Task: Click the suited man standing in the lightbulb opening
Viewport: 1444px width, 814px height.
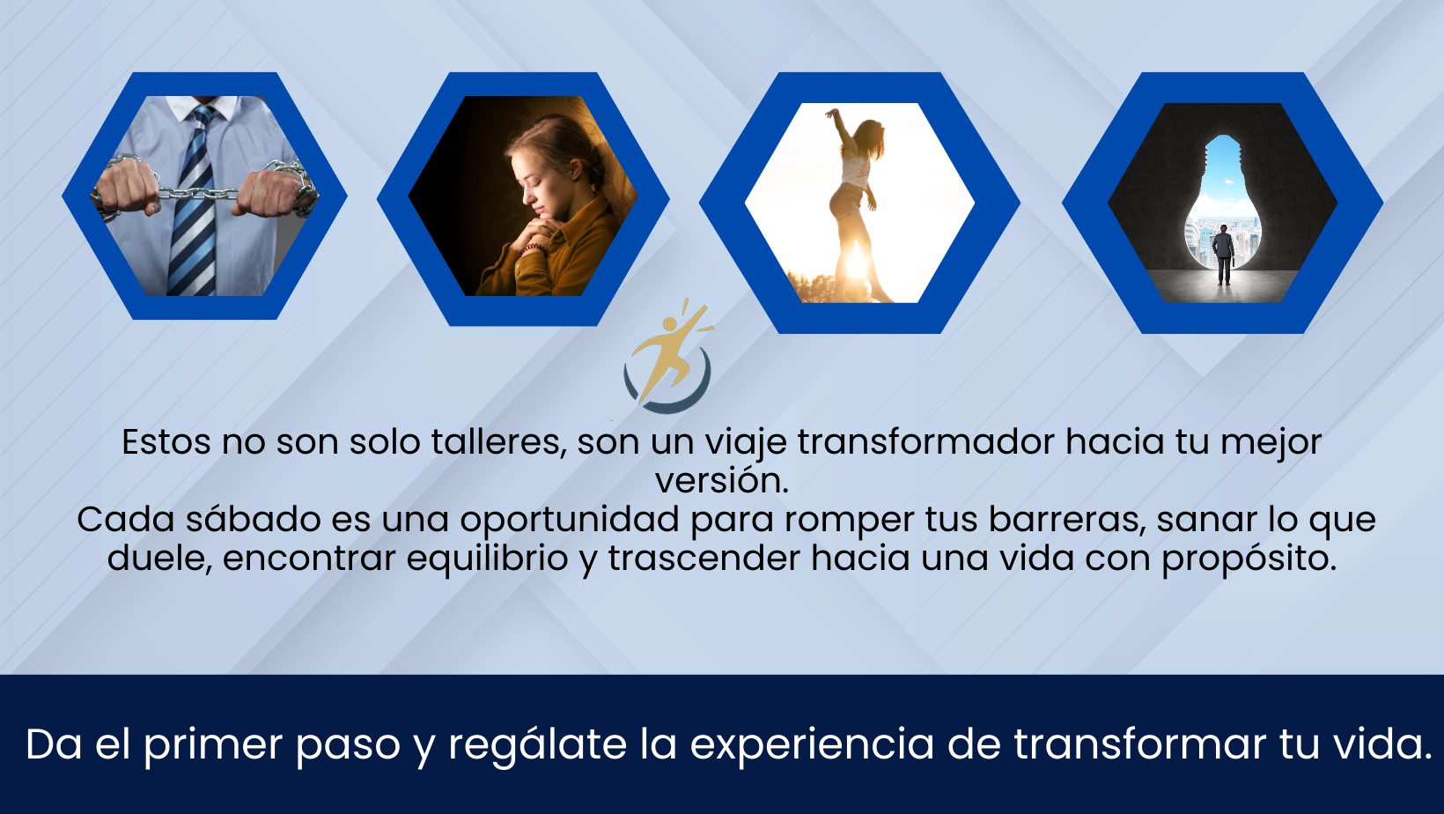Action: pyautogui.click(x=1223, y=254)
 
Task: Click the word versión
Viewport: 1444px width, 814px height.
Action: pyautogui.click(x=722, y=481)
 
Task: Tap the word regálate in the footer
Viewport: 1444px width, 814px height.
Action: pyautogui.click(x=538, y=745)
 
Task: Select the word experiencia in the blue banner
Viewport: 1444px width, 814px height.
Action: pyautogui.click(x=812, y=745)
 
